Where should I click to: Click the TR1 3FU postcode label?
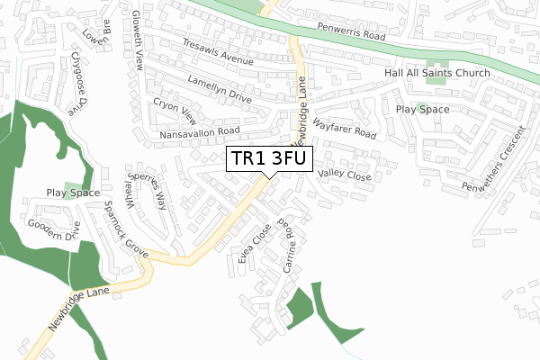pyautogui.click(x=269, y=159)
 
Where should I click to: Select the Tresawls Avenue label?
pyautogui.click(x=217, y=53)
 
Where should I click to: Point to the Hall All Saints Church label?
pyautogui.click(x=437, y=73)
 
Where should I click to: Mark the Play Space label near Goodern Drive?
pyautogui.click(x=74, y=193)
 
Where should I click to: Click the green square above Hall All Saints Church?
pyautogui.click(x=436, y=55)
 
